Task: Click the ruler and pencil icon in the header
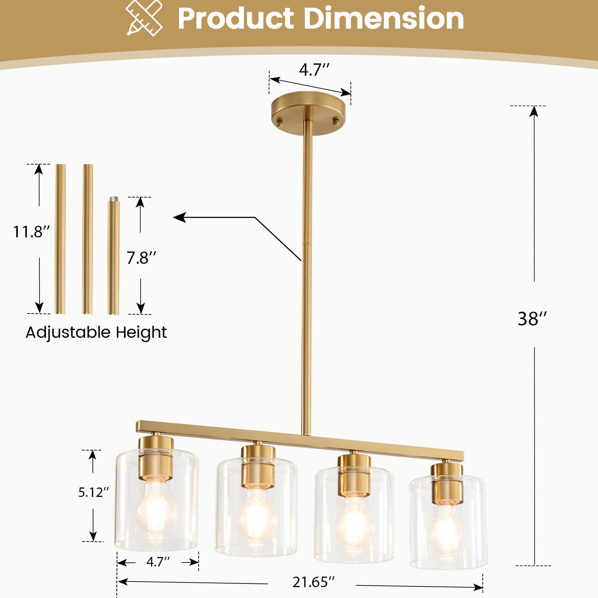coord(144,18)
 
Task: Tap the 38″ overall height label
coord(532,319)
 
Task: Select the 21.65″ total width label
coord(313,582)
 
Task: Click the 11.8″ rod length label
coord(31,232)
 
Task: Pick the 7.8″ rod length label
coord(141,258)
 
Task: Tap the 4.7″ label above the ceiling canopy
coord(314,69)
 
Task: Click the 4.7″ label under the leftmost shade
coord(158,562)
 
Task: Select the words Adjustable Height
coord(96,332)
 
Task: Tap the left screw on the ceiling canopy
coord(279,122)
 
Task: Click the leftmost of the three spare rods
coord(60,239)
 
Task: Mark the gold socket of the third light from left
coord(354,475)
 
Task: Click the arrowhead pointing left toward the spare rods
coord(179,217)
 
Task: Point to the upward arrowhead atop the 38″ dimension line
coord(533,111)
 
